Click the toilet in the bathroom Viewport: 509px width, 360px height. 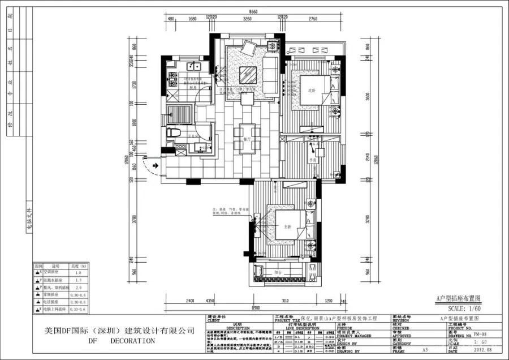tap(175, 132)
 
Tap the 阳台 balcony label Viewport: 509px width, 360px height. tap(278, 272)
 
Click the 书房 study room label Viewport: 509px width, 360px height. tap(311, 160)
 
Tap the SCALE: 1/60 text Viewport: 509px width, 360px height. tap(464, 309)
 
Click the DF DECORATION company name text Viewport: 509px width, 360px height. tap(121, 341)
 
